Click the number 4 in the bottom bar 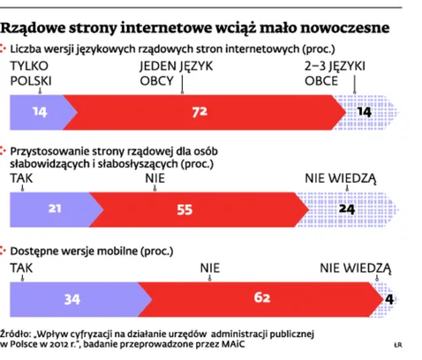[x=388, y=298]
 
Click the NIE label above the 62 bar [x=209, y=265]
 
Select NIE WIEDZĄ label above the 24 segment [x=340, y=177]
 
